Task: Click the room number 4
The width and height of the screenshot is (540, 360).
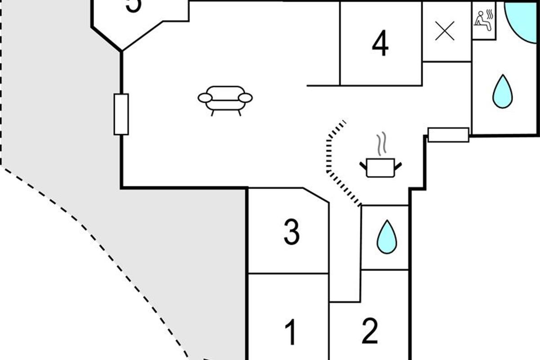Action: [380, 44]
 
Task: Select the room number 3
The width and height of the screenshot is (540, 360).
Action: [291, 232]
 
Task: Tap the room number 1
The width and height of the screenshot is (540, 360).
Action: [291, 332]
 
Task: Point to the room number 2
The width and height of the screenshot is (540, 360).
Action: [369, 332]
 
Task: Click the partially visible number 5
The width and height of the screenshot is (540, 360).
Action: [133, 5]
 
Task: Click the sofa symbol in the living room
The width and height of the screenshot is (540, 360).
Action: [225, 99]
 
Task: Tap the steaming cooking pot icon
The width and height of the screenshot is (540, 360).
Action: [380, 167]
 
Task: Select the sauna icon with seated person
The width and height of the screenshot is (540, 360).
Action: [484, 21]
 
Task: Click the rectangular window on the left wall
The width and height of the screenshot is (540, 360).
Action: [121, 114]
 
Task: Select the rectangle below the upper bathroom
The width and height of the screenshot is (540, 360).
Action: [448, 135]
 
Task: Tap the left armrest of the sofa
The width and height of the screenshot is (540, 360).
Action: [205, 98]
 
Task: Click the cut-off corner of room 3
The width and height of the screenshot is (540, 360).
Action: [316, 195]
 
